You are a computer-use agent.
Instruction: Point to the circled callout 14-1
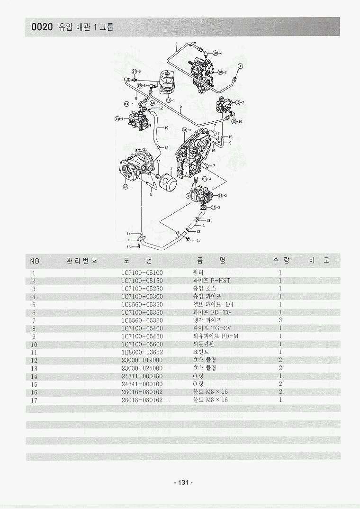click(117, 118)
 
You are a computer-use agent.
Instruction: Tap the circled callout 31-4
click(185, 129)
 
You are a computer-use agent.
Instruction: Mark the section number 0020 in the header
click(42, 27)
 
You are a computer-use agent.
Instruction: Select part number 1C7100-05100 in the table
click(142, 273)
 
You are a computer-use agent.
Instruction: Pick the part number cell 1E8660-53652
click(142, 352)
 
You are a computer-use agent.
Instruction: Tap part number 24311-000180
click(142, 376)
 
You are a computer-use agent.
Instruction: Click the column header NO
click(35, 261)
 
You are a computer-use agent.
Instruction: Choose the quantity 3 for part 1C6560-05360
click(280, 320)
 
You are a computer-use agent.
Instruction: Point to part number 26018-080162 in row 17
click(142, 400)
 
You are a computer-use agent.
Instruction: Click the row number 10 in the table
click(34, 344)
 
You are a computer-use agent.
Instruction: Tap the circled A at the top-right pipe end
click(240, 66)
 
